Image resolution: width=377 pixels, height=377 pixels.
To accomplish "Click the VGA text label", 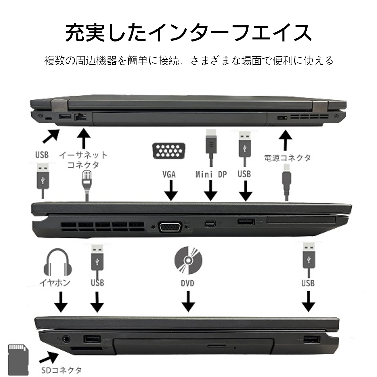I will [x=169, y=174].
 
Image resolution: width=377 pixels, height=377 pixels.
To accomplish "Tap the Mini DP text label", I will [x=211, y=174].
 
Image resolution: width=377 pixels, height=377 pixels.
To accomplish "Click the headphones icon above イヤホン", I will [x=56, y=263].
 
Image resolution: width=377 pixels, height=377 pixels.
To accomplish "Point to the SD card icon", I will [x=17, y=359].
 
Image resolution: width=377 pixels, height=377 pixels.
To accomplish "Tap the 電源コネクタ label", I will [x=288, y=158].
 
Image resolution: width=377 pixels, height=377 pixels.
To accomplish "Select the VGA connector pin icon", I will [x=169, y=151].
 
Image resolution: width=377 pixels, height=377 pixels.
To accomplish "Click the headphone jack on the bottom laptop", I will [x=66, y=339].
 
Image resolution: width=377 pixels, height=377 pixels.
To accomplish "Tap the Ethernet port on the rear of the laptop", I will [x=80, y=117].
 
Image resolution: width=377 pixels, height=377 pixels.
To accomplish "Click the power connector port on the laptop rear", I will [x=282, y=118].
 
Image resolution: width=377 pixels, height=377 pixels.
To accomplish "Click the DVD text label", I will [x=187, y=283].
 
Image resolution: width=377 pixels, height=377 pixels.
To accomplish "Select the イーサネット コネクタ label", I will [x=83, y=160].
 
